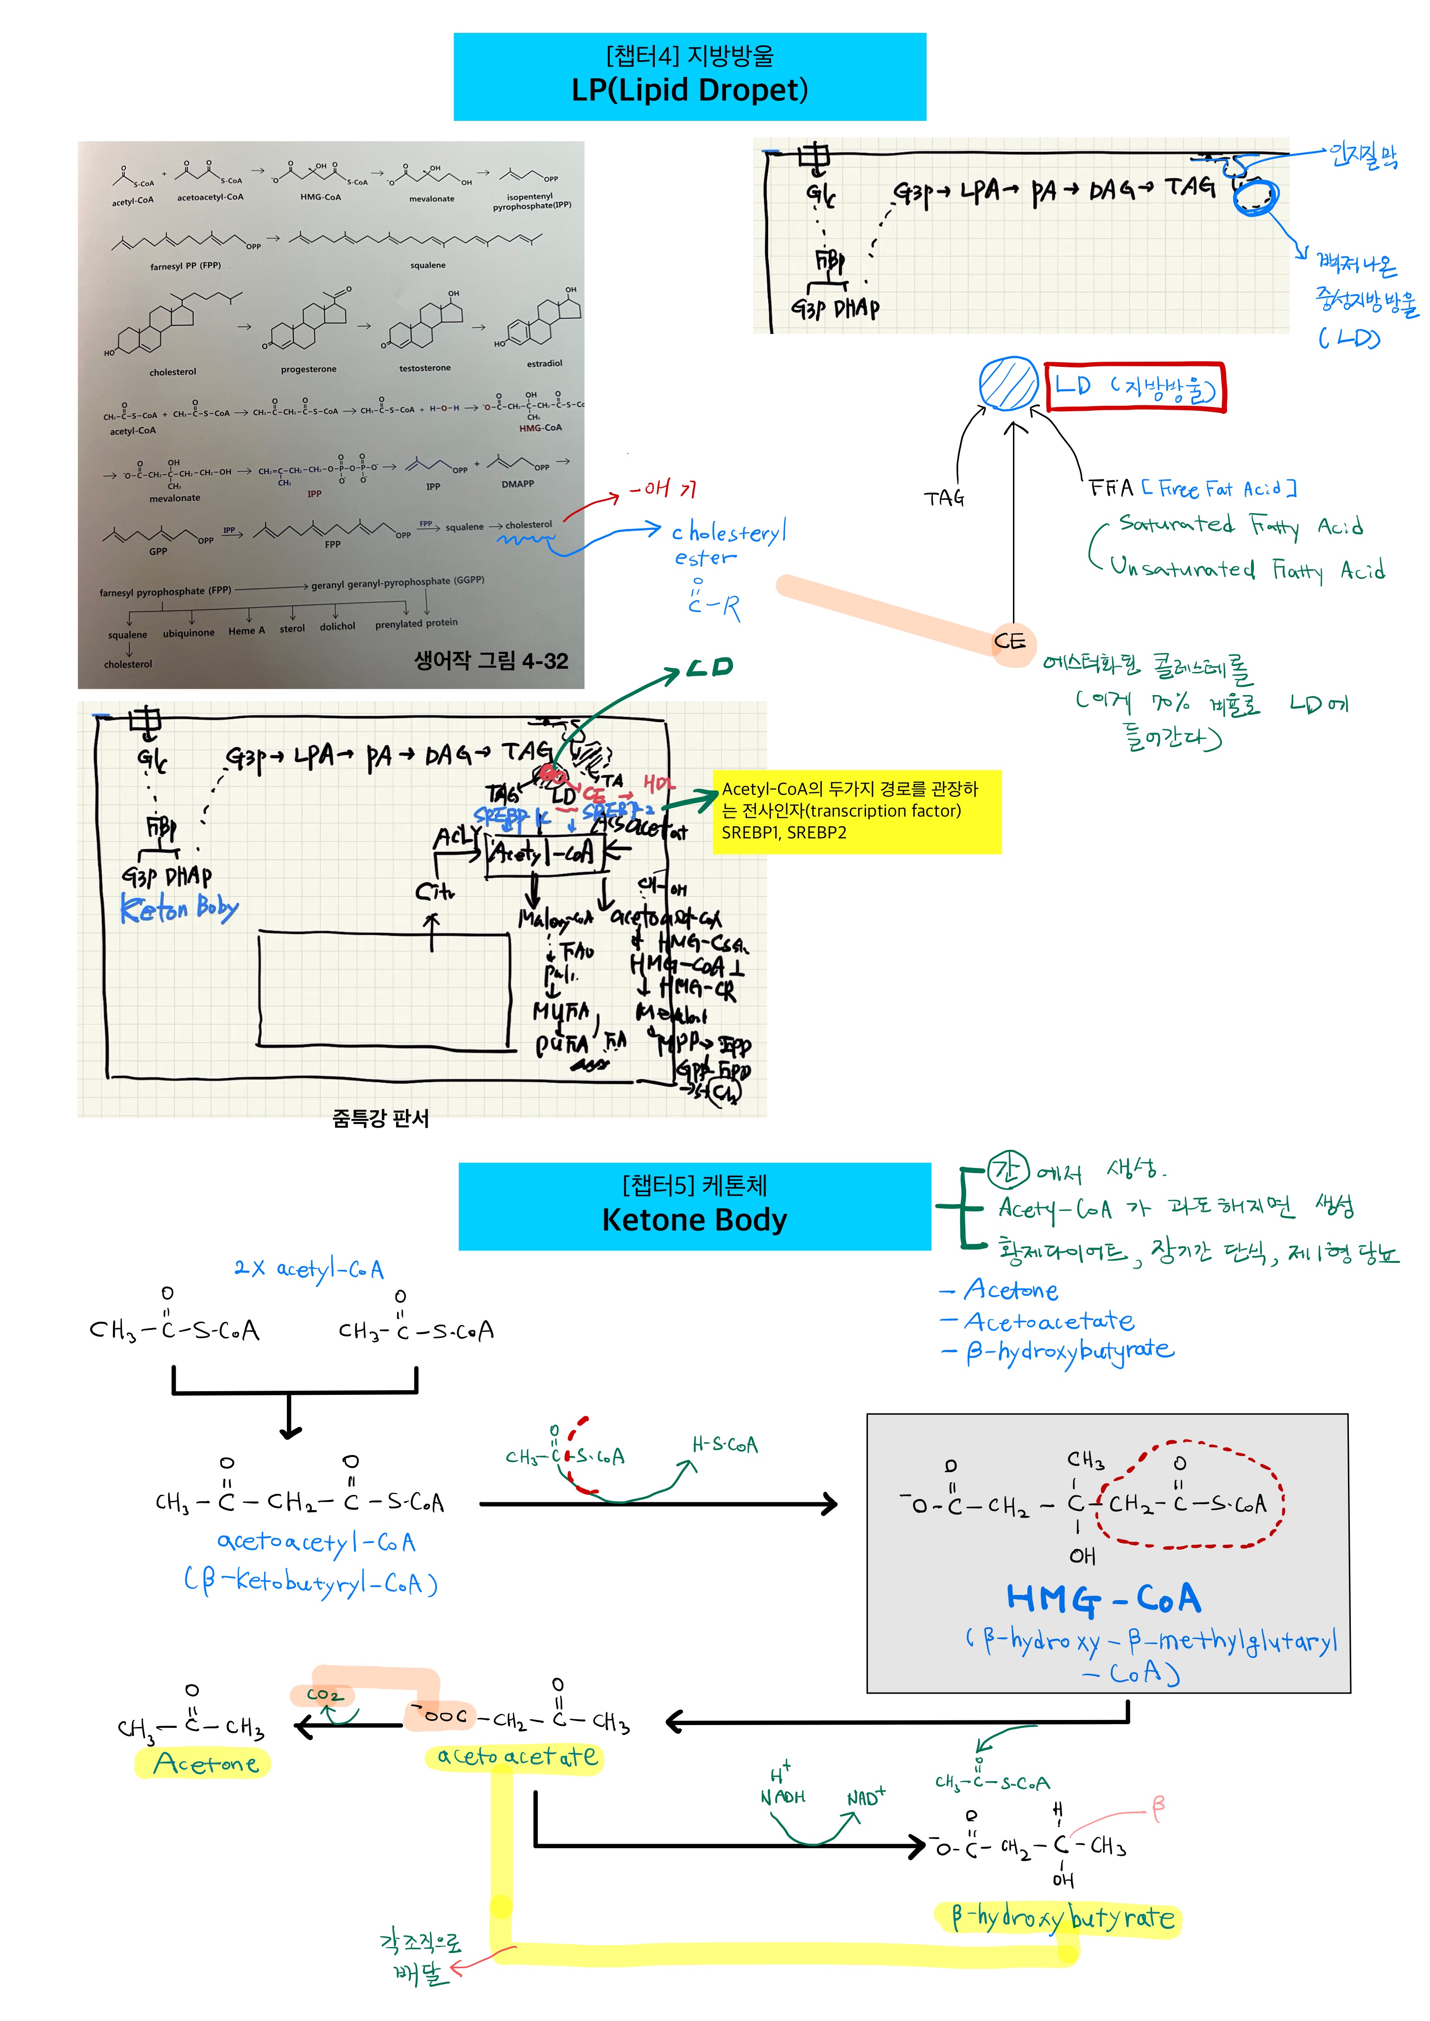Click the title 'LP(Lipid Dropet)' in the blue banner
pos(690,90)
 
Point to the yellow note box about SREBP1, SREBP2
pos(856,811)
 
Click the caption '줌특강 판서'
pos(380,1118)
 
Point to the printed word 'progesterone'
pos(308,370)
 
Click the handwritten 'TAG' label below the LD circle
pos(944,498)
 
